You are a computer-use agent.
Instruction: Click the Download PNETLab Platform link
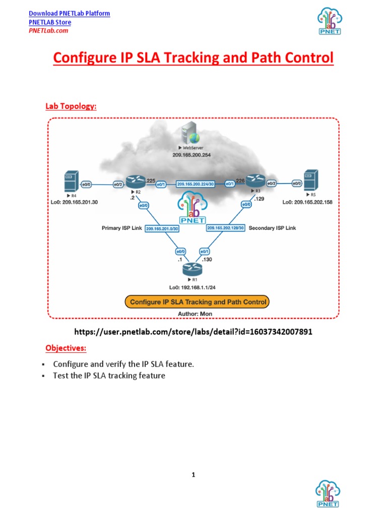[69, 14]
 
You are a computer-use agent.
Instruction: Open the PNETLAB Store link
[49, 22]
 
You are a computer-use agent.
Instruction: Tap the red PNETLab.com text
[48, 30]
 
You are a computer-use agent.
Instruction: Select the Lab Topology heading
[71, 106]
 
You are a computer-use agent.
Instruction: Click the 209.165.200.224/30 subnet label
[195, 184]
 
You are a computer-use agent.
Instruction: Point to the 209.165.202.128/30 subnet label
[226, 228]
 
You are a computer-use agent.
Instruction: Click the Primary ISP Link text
[121, 228]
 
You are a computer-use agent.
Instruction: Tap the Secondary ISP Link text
[272, 228]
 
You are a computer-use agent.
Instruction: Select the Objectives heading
[66, 348]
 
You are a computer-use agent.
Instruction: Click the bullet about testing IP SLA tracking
[109, 376]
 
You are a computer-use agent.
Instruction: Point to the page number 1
[193, 475]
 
